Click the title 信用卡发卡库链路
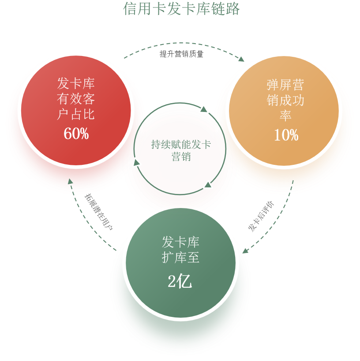coord(181,8)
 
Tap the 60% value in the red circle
coord(76,134)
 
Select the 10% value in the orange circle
coord(286,135)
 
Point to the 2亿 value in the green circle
coord(180,281)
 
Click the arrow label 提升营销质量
coord(181,55)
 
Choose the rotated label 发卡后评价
coord(260,216)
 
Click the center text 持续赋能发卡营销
coord(181,150)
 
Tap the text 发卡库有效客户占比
coord(76,99)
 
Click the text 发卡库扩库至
coord(180,249)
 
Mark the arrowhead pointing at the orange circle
coord(241,59)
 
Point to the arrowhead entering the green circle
coord(245,250)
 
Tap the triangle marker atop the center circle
coord(203,108)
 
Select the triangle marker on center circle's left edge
coord(136,163)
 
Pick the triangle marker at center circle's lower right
coord(208,184)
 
